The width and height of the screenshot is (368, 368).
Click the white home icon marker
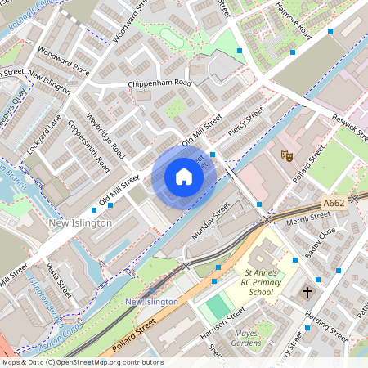click(184, 177)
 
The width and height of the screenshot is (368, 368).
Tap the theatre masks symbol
click(287, 154)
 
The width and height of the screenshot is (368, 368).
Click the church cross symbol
click(308, 292)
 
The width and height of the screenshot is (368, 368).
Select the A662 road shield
click(334, 204)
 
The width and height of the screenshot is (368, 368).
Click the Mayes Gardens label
click(252, 338)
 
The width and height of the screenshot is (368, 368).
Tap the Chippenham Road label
click(159, 83)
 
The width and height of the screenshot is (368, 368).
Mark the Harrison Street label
click(222, 321)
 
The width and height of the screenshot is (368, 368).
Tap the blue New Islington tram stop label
click(152, 302)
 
